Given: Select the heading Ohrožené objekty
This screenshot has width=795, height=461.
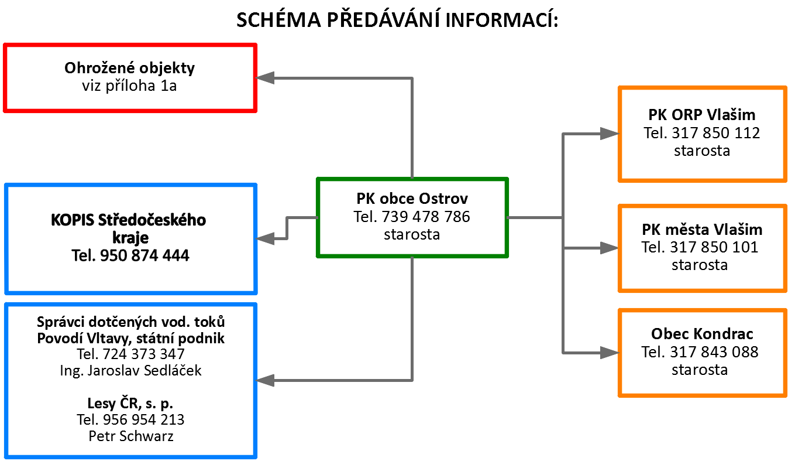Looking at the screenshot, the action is (129, 68).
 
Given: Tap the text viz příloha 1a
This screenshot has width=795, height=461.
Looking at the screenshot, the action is (129, 86).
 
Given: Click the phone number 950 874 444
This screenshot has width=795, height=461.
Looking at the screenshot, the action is (145, 255).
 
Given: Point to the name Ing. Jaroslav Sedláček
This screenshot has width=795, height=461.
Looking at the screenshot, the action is (130, 371).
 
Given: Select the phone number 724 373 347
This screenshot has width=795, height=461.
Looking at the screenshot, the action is (144, 354).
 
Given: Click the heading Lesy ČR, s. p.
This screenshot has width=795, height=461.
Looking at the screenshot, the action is (130, 404).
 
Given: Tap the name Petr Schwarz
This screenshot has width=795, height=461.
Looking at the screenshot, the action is (131, 436).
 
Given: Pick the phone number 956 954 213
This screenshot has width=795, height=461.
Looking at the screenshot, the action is (144, 420).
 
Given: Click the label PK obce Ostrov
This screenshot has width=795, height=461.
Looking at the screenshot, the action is (412, 199).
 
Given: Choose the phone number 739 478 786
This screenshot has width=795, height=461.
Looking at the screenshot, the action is (426, 217).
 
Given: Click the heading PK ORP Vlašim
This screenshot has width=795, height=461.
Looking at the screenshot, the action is (701, 115).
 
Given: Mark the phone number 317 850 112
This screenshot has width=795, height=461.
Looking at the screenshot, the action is (716, 133).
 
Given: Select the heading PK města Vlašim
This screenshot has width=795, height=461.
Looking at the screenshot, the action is (702, 230).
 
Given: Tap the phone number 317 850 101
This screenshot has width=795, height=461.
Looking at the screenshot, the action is (714, 247).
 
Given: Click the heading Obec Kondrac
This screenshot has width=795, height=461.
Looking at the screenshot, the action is (702, 334).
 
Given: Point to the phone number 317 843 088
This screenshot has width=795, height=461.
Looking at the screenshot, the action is (714, 352).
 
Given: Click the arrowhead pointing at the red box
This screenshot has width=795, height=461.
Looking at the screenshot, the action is (265, 78).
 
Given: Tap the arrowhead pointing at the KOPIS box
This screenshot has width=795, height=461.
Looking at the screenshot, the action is (265, 238).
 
